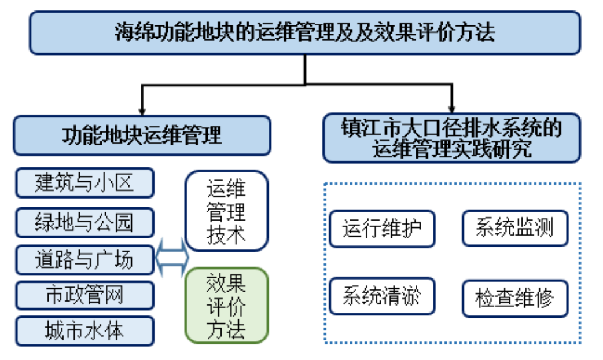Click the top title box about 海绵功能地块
click(304, 32)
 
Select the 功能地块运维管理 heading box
click(142, 135)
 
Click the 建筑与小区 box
click(84, 183)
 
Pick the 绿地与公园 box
click(84, 222)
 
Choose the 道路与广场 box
click(84, 259)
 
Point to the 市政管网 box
click(84, 296)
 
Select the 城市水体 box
click(84, 331)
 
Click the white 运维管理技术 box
click(226, 211)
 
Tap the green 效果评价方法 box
click(226, 306)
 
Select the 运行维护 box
click(381, 229)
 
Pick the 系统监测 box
click(514, 229)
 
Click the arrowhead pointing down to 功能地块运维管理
click(141, 110)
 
